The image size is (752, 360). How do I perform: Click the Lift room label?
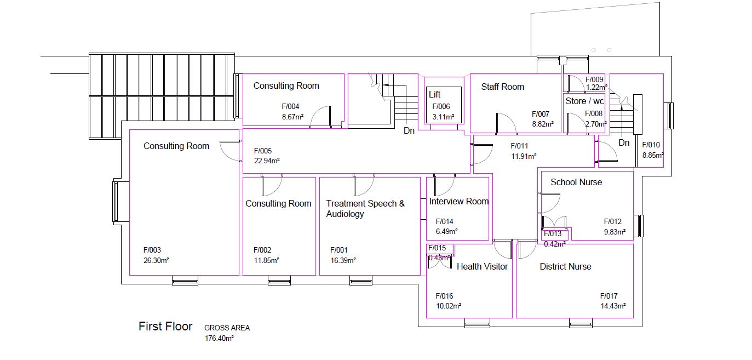(434, 95)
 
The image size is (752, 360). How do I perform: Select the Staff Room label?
(502, 87)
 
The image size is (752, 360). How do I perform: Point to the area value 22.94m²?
(267, 161)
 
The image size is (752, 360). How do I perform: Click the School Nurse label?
(576, 182)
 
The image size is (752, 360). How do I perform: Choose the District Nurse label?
(565, 266)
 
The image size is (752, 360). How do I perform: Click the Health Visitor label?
(482, 266)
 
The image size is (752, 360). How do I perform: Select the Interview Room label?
(458, 201)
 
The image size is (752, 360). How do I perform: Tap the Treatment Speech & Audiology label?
(365, 209)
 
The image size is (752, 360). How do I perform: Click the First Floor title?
(165, 327)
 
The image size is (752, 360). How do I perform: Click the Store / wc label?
(584, 101)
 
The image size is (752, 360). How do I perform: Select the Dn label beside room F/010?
(624, 143)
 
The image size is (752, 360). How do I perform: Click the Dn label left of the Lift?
(409, 131)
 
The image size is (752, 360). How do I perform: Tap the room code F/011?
(519, 146)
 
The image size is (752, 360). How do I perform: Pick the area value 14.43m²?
(613, 306)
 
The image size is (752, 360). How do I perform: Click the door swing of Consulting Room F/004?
(321, 117)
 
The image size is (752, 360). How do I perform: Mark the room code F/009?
(594, 80)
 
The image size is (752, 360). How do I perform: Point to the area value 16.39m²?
(343, 260)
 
